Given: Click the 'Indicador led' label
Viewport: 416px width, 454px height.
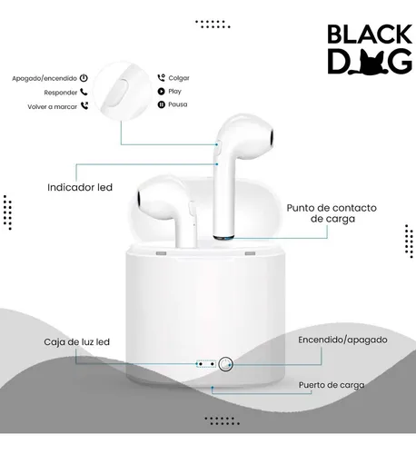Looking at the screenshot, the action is click(x=80, y=187).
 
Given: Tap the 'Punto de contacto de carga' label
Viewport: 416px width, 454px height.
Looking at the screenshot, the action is click(x=332, y=213).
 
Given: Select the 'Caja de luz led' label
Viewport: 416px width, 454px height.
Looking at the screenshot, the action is click(x=76, y=342).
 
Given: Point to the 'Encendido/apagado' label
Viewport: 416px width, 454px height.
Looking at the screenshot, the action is click(x=342, y=340).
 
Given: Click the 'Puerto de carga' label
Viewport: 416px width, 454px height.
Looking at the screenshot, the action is click(x=332, y=385).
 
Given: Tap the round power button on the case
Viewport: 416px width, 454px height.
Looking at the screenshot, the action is click(x=225, y=364).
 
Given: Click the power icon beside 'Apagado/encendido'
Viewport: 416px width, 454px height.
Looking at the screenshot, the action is click(x=84, y=78).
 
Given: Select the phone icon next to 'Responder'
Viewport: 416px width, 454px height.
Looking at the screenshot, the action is click(x=84, y=92).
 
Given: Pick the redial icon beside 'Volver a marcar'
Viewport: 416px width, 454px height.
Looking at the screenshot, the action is click(x=84, y=105).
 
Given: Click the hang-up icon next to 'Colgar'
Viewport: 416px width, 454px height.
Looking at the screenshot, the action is click(x=161, y=77).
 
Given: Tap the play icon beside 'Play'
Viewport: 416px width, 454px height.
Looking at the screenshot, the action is click(x=161, y=91).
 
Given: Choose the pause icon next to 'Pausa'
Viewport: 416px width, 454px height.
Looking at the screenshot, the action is click(x=161, y=104).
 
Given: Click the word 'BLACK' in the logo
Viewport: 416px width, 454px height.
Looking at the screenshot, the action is click(x=370, y=34).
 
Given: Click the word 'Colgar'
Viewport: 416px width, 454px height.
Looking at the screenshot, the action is click(x=179, y=78).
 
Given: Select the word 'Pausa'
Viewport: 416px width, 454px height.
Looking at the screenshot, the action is click(x=178, y=104).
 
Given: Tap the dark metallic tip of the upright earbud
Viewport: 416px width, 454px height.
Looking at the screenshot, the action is click(x=223, y=237).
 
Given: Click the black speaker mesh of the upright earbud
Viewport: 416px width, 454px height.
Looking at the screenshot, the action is click(x=272, y=138).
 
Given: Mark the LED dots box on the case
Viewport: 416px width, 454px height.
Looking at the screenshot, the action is click(x=206, y=364).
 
